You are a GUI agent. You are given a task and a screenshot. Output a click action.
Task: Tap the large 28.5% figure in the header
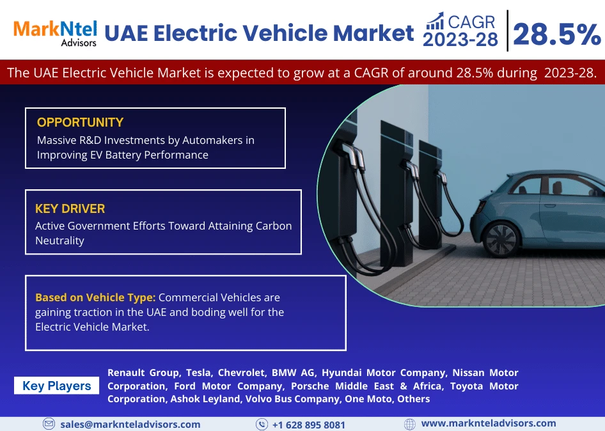[556, 35]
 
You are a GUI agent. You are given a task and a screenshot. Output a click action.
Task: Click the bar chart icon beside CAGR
[435, 22]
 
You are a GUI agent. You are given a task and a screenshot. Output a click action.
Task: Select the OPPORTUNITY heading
[80, 122]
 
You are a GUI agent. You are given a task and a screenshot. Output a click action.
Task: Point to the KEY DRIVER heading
[70, 208]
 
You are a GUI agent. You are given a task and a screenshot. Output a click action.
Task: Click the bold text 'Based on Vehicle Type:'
[95, 297]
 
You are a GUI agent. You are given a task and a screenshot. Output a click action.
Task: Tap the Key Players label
[56, 386]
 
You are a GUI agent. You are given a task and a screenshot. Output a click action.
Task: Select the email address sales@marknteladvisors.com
[130, 424]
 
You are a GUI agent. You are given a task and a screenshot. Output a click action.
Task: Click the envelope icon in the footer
[49, 424]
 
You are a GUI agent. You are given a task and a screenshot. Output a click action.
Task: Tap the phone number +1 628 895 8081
[308, 425]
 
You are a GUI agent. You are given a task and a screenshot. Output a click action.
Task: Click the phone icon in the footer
[262, 424]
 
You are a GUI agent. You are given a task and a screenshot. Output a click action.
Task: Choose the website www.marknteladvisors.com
[489, 423]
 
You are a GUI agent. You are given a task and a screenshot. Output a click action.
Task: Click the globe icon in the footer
[410, 424]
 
